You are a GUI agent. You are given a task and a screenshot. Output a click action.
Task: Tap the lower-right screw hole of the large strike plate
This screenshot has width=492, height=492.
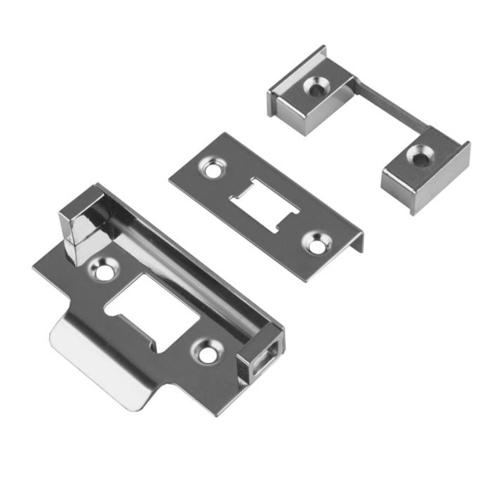pyautogui.click(x=205, y=351)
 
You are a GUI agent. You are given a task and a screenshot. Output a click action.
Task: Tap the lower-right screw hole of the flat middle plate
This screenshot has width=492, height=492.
pyautogui.click(x=318, y=244)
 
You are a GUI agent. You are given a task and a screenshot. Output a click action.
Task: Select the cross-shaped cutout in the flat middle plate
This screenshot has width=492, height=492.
pyautogui.click(x=263, y=205)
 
